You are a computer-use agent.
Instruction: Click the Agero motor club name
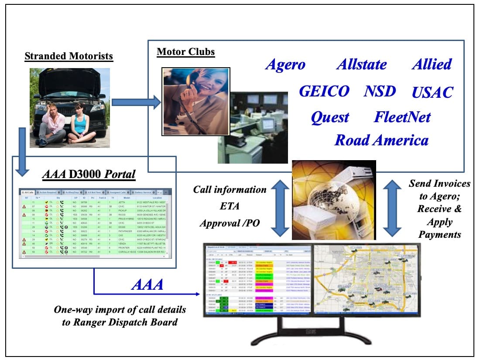click(x=285, y=65)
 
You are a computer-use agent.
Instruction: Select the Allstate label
click(x=361, y=65)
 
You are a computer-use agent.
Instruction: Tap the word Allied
click(x=432, y=64)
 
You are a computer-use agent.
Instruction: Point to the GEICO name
click(x=324, y=91)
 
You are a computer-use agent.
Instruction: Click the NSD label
click(x=380, y=91)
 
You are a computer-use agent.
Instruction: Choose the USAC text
click(x=432, y=93)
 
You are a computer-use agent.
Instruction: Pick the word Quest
click(x=330, y=117)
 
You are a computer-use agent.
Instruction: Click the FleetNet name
click(x=402, y=117)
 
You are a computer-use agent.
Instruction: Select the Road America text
click(x=381, y=141)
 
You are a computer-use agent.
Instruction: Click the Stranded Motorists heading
click(x=69, y=56)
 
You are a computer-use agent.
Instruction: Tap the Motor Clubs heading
click(x=186, y=52)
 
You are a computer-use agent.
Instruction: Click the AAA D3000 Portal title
click(x=89, y=175)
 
